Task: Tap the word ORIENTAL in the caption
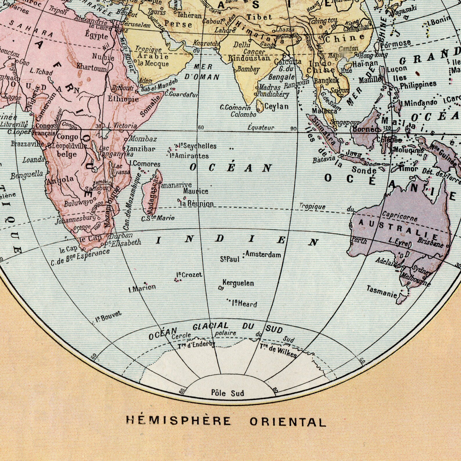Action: [x=288, y=422]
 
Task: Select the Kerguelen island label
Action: [x=238, y=283]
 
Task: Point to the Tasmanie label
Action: [x=381, y=291]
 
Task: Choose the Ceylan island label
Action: [x=276, y=107]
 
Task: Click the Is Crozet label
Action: [x=189, y=275]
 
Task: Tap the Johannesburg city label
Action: [x=75, y=219]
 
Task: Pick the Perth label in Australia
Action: [x=359, y=241]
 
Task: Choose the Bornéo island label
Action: [x=365, y=129]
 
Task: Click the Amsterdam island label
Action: [x=263, y=254]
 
